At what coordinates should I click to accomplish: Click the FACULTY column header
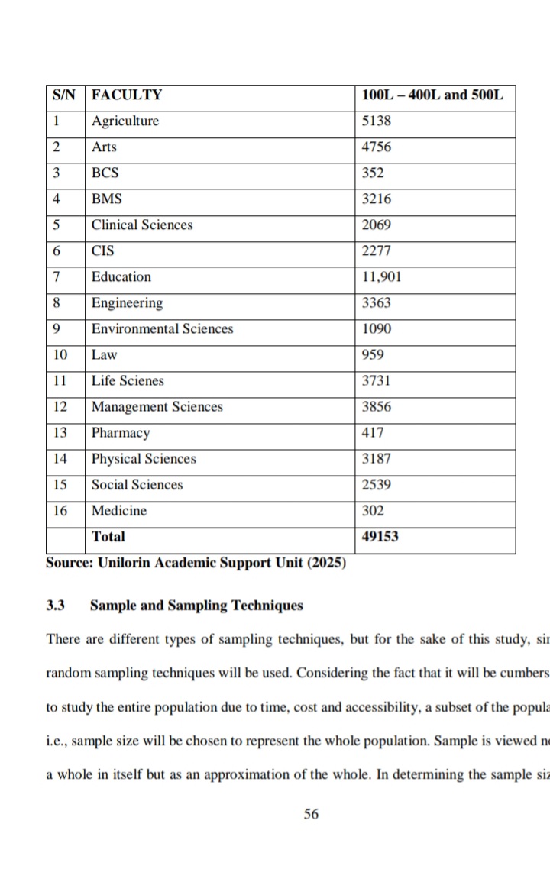point(127,95)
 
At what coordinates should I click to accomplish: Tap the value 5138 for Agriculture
point(377,121)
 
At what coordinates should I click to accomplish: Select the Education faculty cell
point(121,277)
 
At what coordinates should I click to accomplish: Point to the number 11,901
point(381,277)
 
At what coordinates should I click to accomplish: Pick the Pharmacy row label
point(121,433)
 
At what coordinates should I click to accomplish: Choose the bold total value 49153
point(380,537)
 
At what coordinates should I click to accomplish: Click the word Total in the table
point(108,537)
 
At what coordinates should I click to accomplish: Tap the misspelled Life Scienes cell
point(128,381)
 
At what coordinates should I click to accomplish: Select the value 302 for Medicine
point(373,511)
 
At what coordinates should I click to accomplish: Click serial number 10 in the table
point(60,355)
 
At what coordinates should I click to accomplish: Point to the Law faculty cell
point(104,355)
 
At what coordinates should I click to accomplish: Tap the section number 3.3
point(55,606)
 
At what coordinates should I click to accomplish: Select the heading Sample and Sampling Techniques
point(196,606)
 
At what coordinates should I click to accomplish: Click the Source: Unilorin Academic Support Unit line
point(196,564)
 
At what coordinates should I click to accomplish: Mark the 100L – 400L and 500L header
point(432,95)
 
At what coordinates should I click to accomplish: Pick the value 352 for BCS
point(373,173)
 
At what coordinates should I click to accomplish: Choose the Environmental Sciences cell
point(162,329)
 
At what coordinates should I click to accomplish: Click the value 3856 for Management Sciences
point(377,407)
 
